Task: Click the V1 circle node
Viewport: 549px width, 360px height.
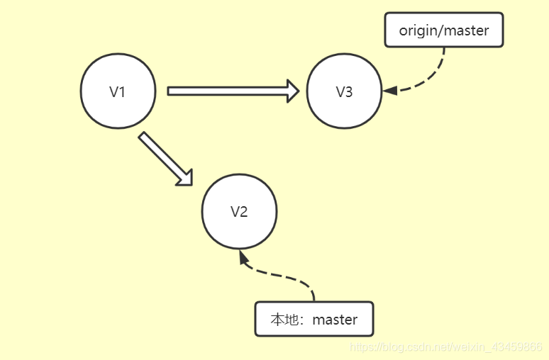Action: (118, 91)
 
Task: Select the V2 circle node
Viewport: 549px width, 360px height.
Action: (239, 212)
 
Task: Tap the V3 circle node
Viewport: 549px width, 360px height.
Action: (344, 91)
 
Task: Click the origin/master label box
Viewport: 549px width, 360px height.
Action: (443, 30)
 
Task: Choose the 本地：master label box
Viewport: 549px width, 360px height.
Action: (314, 319)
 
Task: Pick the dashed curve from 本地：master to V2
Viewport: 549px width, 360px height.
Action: (284, 276)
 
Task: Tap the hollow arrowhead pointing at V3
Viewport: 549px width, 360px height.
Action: (292, 91)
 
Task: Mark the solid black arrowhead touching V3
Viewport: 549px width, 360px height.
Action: (389, 90)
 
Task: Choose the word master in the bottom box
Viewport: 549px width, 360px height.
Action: (335, 320)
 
